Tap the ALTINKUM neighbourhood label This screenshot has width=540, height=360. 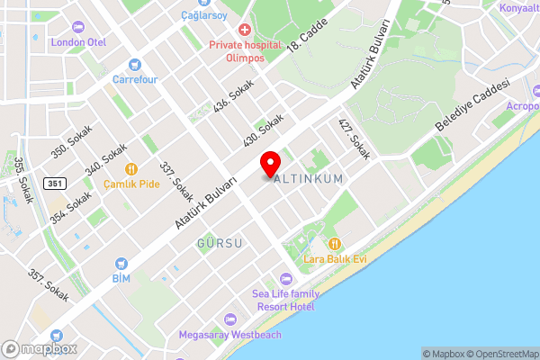[x=309, y=179]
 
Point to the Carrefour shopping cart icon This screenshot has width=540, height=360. [x=135, y=65]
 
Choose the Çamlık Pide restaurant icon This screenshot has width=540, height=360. [x=130, y=168]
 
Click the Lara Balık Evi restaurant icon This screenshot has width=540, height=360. [x=335, y=243]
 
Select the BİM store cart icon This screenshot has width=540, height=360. [x=121, y=264]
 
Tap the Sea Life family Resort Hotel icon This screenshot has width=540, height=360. [x=286, y=278]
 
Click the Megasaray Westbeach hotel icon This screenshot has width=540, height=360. [x=229, y=319]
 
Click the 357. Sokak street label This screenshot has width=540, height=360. [x=48, y=285]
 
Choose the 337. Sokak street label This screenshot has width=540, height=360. [x=175, y=181]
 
